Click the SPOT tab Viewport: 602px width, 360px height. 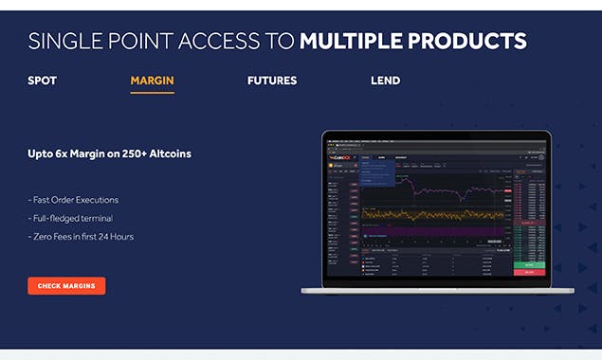[x=42, y=81]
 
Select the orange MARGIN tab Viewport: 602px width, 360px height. [x=152, y=81]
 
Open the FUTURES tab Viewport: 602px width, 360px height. [x=272, y=81]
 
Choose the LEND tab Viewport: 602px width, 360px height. [x=385, y=81]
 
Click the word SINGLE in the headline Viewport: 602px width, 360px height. [x=64, y=41]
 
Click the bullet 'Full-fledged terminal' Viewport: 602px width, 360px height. [x=72, y=218]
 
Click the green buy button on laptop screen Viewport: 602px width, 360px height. [x=530, y=264]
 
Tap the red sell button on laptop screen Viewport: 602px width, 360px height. [x=530, y=272]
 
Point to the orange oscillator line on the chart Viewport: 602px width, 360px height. [x=436, y=214]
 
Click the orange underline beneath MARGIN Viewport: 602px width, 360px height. [x=152, y=93]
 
